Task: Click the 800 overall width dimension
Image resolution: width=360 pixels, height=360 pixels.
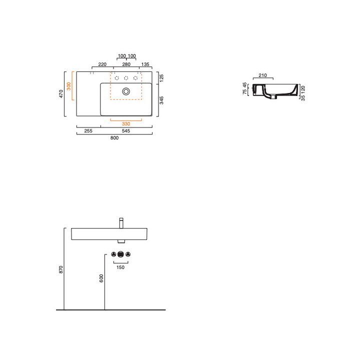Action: click(114, 138)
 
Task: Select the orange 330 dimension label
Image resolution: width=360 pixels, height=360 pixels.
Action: click(126, 124)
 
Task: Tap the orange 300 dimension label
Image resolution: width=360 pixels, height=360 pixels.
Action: click(68, 86)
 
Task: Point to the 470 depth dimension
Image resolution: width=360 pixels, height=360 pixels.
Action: click(61, 93)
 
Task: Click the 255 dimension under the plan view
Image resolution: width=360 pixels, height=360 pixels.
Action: click(88, 131)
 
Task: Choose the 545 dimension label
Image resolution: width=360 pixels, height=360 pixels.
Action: click(126, 131)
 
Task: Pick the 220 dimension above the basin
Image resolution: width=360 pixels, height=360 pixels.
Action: click(102, 64)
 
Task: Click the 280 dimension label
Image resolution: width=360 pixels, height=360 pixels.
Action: click(126, 64)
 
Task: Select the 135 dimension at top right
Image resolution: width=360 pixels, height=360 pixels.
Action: click(145, 64)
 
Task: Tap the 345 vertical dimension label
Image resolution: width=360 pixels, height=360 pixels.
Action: click(161, 100)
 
